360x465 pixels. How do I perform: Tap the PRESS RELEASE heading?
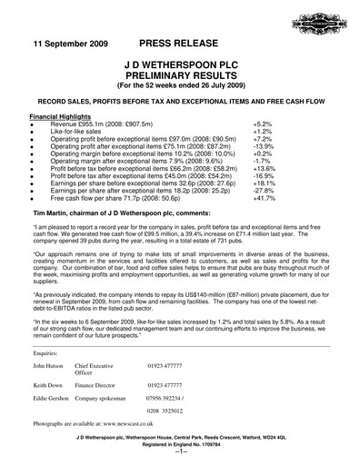pos(178,44)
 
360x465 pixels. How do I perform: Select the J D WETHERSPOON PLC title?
pos(179,66)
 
